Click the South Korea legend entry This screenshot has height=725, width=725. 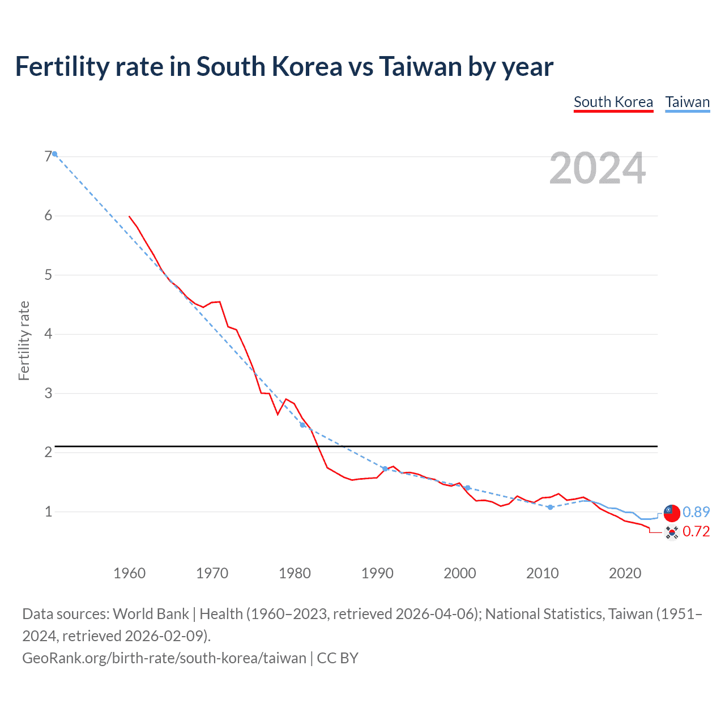[613, 102]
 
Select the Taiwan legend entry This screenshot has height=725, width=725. [687, 102]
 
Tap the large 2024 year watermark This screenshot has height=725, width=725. [597, 168]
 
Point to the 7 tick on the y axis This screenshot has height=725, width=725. [48, 156]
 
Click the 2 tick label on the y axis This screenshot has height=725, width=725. [48, 452]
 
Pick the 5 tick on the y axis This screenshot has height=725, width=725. [48, 275]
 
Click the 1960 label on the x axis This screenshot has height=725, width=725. [129, 573]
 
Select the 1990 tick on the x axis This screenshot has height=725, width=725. [377, 573]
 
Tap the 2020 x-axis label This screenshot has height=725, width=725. [625, 573]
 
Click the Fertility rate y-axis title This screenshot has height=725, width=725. [24, 340]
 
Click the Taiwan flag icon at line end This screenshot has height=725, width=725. [671, 512]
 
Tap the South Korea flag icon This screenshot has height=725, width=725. [671, 532]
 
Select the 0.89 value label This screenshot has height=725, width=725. [696, 512]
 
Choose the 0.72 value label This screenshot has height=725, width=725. [696, 531]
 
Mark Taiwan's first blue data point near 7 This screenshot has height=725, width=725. [54, 153]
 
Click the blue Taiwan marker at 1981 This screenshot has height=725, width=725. [302, 425]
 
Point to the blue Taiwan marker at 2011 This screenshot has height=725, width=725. [550, 507]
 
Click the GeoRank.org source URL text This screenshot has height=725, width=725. [164, 658]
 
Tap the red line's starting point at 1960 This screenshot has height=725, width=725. [130, 216]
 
